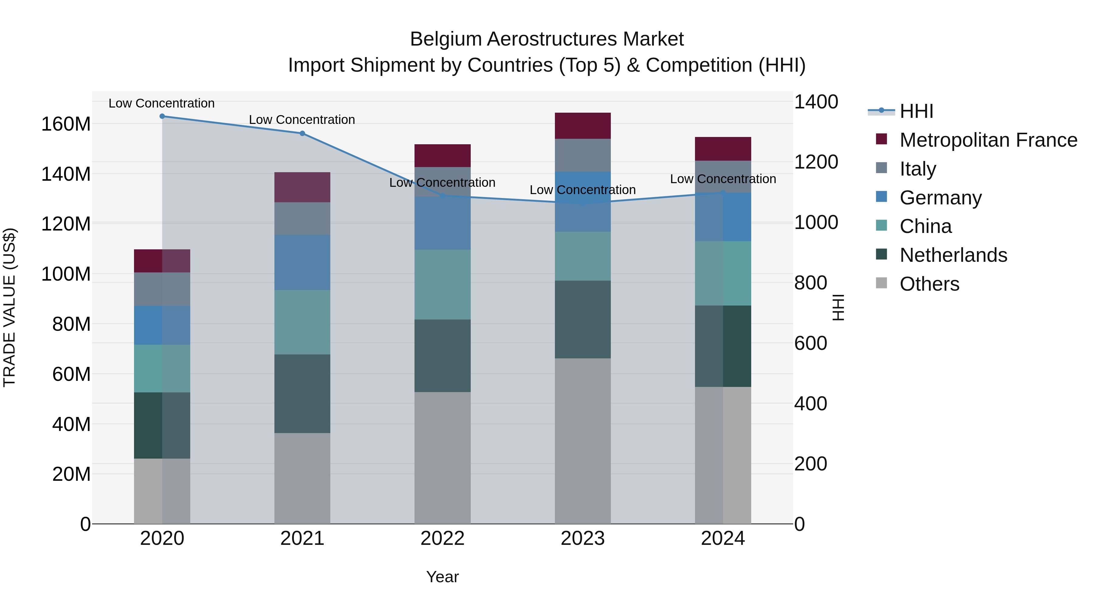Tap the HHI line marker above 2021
coord(302,133)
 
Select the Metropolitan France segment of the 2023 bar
coord(583,126)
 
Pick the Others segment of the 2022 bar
coord(442,458)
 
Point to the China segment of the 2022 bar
coord(442,284)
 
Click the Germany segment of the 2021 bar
coord(302,262)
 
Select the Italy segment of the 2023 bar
coord(583,155)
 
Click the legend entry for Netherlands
coord(953,255)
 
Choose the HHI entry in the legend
coord(916,111)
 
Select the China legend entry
coord(925,226)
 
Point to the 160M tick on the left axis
coord(66,124)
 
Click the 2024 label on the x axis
coord(723,538)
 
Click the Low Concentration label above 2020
coord(161,103)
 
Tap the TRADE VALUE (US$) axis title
coord(9,307)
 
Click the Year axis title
coord(442,577)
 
